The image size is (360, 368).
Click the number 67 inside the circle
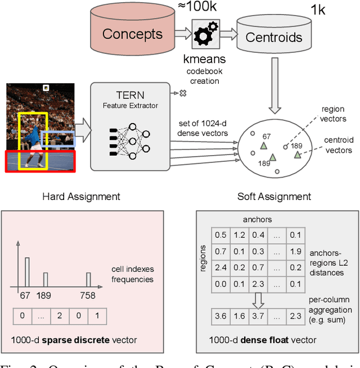point(267,137)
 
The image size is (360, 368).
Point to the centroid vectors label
point(339,145)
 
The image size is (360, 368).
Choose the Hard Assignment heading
point(81,197)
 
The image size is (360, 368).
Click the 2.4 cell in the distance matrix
point(221,268)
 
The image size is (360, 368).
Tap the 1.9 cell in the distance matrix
point(296,251)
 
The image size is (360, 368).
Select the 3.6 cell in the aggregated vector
point(221,316)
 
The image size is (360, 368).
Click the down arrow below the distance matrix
point(258,300)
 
